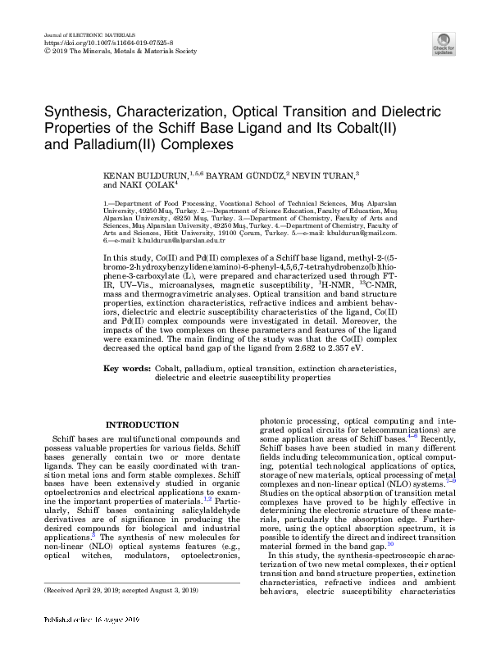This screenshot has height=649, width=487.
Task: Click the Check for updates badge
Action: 444,43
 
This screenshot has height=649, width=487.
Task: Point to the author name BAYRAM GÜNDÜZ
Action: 246,175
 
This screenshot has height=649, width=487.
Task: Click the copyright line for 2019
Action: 119,51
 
